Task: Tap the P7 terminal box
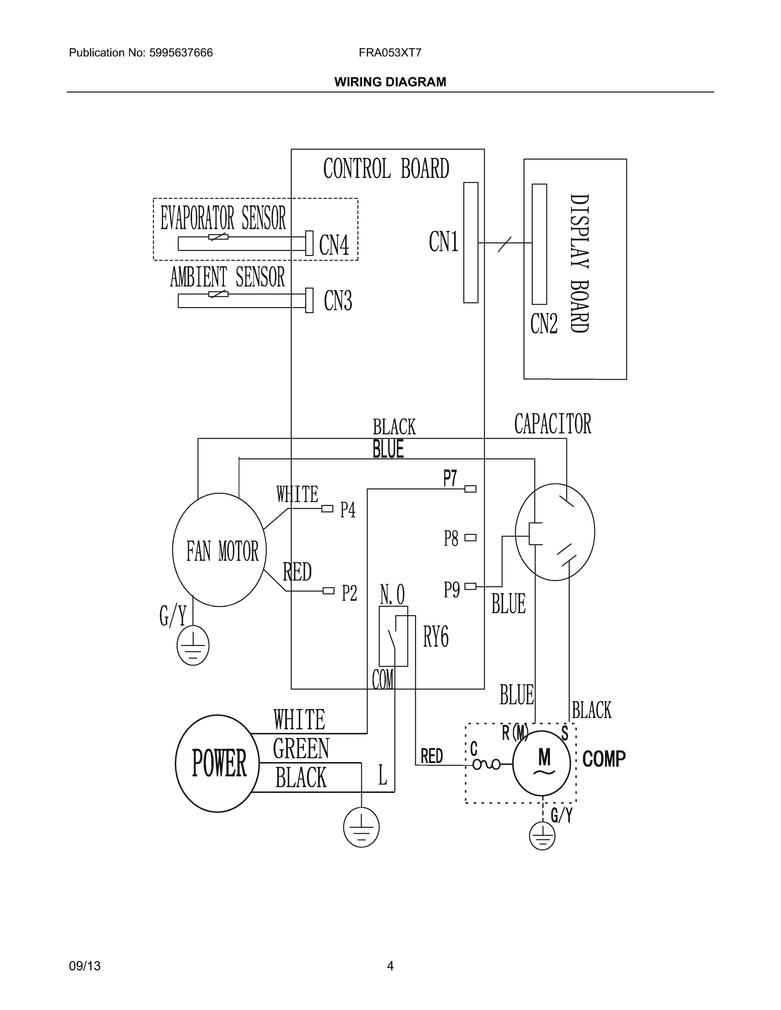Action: [470, 489]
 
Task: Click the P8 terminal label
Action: [451, 538]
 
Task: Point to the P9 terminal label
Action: [452, 590]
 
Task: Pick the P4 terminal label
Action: [348, 510]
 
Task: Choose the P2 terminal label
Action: [349, 593]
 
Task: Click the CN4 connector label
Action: [334, 245]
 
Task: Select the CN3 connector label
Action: [338, 300]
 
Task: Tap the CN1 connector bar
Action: [471, 242]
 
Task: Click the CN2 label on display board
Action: [544, 324]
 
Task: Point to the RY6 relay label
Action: [435, 637]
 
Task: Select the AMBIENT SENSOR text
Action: [227, 277]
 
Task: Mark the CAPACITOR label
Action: [552, 424]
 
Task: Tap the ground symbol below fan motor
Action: [193, 646]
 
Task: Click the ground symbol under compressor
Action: [542, 836]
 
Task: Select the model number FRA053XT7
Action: [389, 53]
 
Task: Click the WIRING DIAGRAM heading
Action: [390, 82]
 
